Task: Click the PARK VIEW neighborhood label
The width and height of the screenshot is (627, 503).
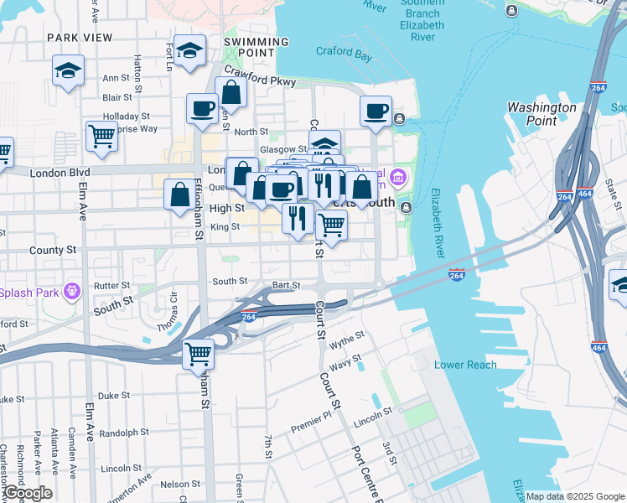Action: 80,38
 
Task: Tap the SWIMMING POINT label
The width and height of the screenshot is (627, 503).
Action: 256,47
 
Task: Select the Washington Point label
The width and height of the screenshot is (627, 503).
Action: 541,114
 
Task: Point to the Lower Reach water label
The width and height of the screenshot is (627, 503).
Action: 465,365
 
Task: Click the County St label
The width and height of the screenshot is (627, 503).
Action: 52,250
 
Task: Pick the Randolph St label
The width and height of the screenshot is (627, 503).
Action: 123,433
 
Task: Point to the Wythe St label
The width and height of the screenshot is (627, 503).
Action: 347,340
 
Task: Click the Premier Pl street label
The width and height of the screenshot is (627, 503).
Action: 311,427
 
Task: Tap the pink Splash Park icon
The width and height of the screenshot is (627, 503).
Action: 73,292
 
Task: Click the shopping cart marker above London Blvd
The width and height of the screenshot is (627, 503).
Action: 101,135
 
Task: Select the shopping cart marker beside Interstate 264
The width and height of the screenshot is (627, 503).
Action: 199,354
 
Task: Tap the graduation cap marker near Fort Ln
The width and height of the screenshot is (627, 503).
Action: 190,50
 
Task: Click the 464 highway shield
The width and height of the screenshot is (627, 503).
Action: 585,194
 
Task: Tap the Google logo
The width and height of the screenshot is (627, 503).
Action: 27,493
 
